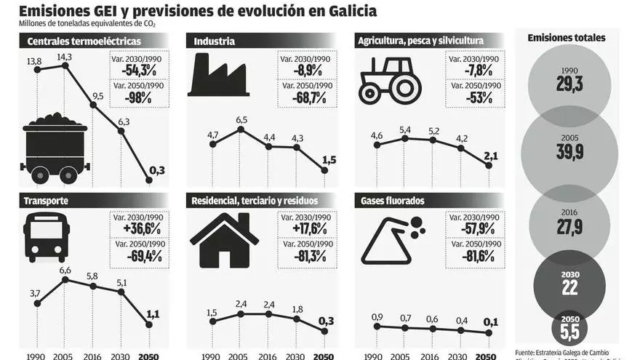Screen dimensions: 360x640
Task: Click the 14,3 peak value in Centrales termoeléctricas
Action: [64, 57]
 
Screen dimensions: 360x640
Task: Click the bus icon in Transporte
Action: [47, 239]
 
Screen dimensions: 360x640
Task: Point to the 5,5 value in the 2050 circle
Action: [569, 332]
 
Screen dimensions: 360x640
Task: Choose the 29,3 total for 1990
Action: [569, 85]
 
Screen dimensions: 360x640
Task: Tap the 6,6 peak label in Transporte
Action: [65, 271]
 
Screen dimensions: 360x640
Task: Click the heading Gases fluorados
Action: [392, 201]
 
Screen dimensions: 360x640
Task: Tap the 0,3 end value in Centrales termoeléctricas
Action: [156, 171]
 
